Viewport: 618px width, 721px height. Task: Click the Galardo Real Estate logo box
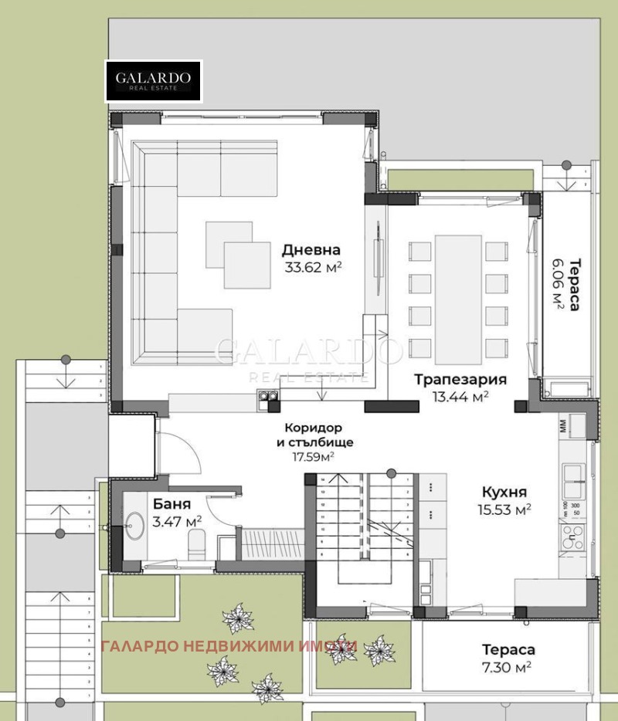click(x=154, y=81)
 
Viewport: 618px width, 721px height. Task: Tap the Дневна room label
click(x=311, y=250)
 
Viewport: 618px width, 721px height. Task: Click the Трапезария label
click(x=460, y=379)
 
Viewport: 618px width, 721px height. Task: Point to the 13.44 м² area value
click(x=460, y=397)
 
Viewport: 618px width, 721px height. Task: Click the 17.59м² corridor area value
click(x=313, y=457)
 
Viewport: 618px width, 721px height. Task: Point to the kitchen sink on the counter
click(x=573, y=482)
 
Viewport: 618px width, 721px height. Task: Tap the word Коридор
click(x=313, y=428)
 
